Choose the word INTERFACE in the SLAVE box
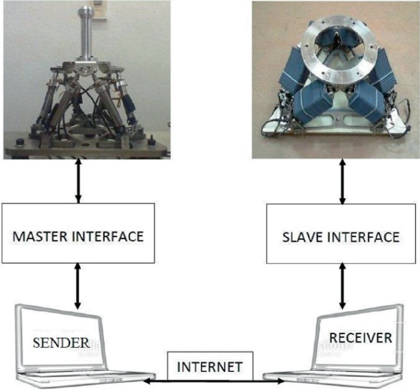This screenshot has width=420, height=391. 364,236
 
